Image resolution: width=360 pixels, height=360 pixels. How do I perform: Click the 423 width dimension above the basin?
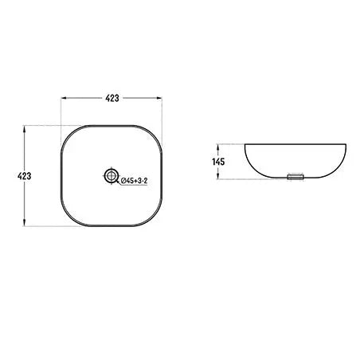pyautogui.click(x=112, y=98)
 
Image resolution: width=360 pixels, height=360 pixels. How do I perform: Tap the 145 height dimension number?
pyautogui.click(x=220, y=162)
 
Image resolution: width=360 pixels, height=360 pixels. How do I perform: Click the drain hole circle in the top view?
pyautogui.click(x=112, y=174)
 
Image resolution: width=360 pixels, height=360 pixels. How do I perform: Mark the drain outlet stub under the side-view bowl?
pyautogui.click(x=295, y=177)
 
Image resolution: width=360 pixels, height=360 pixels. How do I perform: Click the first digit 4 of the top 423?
pyautogui.click(x=107, y=98)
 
